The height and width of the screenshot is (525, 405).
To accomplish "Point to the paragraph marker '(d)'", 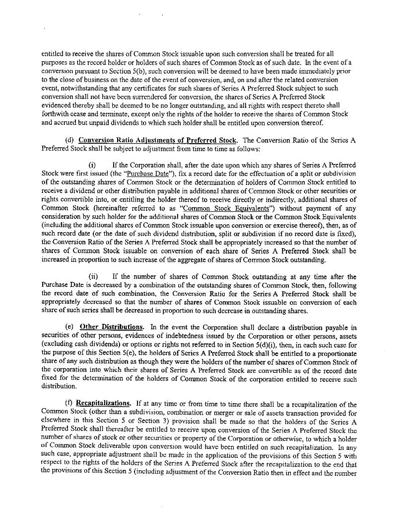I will pyautogui.click(x=70, y=140).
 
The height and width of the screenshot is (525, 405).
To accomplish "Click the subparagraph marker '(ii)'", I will pyautogui.click(x=93, y=277).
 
